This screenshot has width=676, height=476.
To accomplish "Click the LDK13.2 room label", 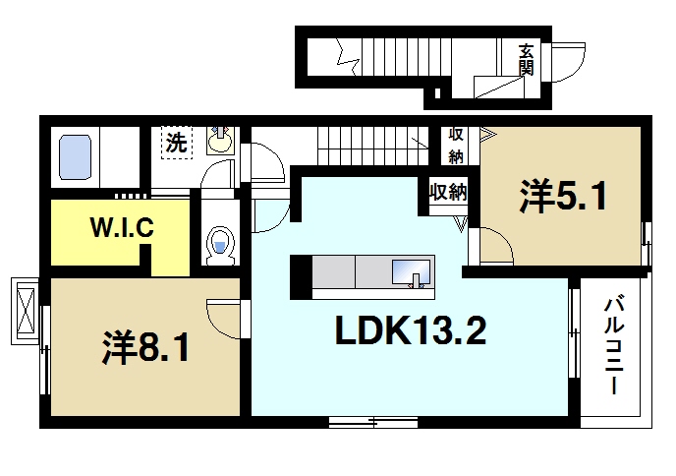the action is (411, 330).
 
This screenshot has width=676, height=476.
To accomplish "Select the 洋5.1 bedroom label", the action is (563, 196).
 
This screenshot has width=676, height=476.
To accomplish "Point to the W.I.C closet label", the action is (122, 227).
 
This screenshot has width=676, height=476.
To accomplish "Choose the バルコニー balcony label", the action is (614, 344).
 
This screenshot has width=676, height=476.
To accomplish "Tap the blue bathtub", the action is (75, 157).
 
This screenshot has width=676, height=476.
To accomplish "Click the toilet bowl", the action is (220, 246).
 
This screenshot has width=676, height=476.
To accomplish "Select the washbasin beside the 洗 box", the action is (220, 141).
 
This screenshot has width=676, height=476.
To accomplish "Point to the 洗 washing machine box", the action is (177, 143).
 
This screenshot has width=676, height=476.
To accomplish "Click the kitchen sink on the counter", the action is (411, 272).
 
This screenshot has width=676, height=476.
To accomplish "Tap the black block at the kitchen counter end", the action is (301, 277).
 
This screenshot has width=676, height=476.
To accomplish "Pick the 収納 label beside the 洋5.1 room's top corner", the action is (456, 146).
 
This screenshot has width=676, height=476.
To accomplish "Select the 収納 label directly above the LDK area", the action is (448, 191).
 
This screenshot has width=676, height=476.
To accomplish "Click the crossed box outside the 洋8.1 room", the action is (25, 311).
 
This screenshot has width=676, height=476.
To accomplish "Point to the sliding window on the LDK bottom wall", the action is (373, 422).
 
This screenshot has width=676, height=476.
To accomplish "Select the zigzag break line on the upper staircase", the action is (348, 57).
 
